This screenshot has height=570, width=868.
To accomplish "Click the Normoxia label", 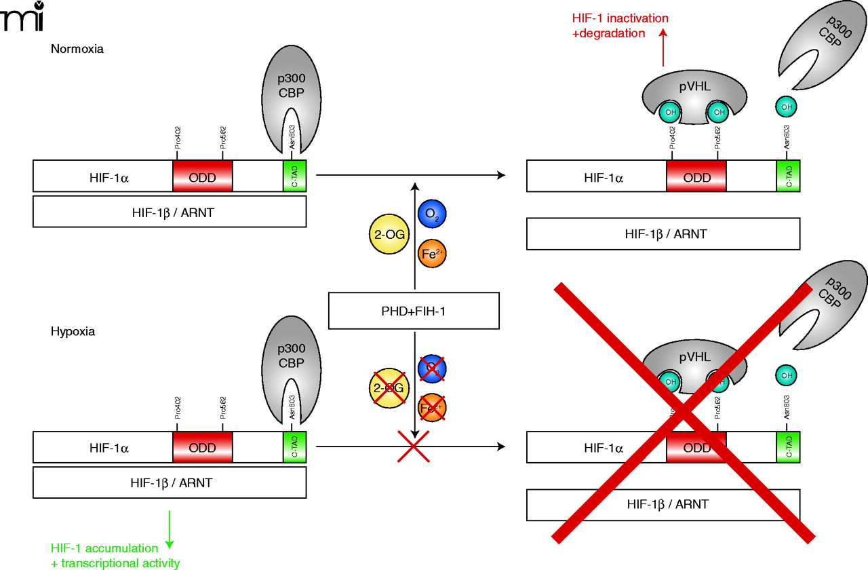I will (77, 49).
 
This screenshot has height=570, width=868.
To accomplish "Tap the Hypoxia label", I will (73, 332).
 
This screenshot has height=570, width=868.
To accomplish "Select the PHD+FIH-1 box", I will (414, 311).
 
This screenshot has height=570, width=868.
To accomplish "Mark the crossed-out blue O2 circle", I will (432, 368).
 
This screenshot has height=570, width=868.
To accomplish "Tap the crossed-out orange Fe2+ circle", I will (432, 408).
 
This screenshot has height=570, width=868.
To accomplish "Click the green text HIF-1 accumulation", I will (105, 548).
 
